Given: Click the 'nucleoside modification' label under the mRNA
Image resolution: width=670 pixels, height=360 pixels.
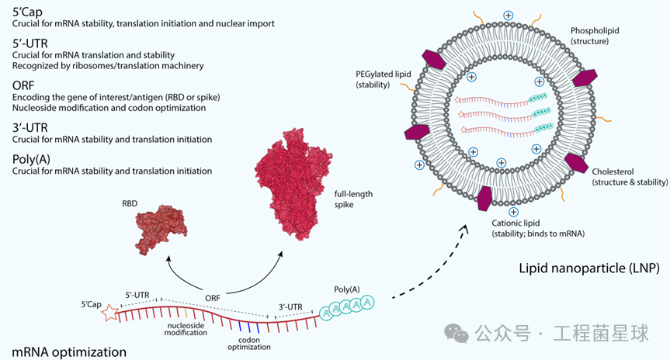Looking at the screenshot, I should pyautogui.click(x=186, y=327).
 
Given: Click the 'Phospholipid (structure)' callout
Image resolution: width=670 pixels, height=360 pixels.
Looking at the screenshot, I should pyautogui.click(x=596, y=35).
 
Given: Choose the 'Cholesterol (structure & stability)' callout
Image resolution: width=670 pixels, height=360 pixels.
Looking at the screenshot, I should pyautogui.click(x=630, y=177).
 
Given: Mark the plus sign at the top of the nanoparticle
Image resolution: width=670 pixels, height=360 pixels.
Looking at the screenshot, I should pyautogui.click(x=508, y=16).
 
